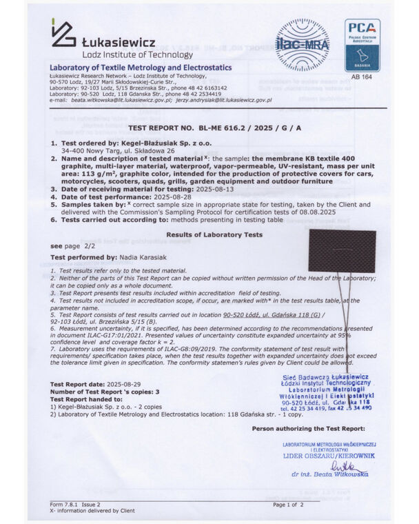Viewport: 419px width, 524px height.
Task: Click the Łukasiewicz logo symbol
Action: [63, 34]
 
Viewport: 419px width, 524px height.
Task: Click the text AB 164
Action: [362, 77]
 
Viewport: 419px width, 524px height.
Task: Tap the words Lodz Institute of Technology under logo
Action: [128, 53]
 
